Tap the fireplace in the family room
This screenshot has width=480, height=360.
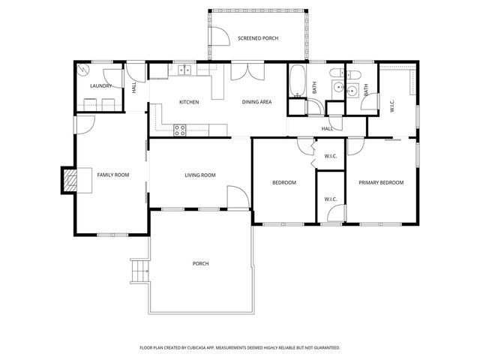click(x=70, y=179)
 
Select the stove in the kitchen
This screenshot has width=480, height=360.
click(x=180, y=129)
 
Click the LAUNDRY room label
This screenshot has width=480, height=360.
click(x=100, y=86)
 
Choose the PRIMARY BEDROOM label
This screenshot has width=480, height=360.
click(x=380, y=182)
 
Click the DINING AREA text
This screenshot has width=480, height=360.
click(x=256, y=102)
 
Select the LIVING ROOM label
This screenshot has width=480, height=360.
click(x=200, y=175)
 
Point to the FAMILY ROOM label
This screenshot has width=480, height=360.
click(x=112, y=175)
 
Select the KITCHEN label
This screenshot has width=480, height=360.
click(x=188, y=102)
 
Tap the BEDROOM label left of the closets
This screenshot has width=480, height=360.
click(x=283, y=182)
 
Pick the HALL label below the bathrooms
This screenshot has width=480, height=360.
click(x=327, y=129)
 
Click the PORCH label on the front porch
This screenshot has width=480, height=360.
click(x=200, y=263)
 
